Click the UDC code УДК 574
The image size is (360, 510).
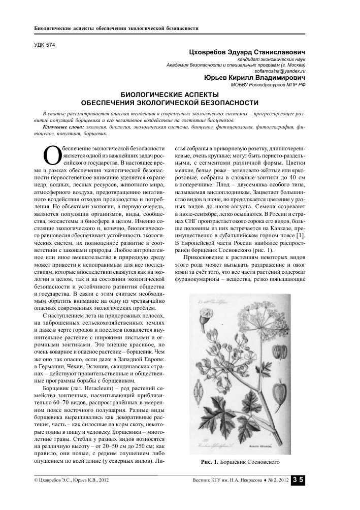(44, 46)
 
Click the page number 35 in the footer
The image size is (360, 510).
(298, 480)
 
